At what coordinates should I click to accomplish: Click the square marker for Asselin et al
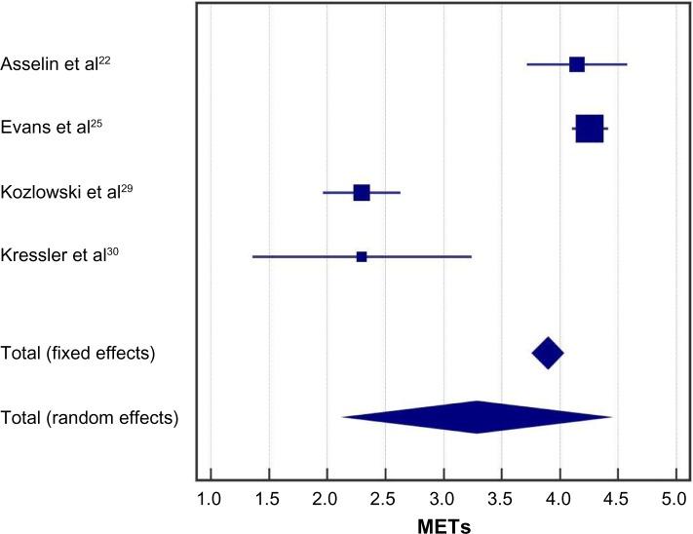tap(576, 64)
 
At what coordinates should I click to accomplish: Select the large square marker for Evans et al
tap(589, 129)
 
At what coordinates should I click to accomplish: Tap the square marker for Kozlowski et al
tap(362, 193)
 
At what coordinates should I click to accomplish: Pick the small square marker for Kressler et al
tap(362, 257)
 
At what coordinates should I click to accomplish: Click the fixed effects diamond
tap(548, 353)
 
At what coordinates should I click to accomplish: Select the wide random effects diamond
tap(477, 417)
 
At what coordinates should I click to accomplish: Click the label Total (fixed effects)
tap(79, 353)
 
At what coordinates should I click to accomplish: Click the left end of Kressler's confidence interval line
tap(252, 257)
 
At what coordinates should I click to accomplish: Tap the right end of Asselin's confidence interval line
tap(627, 64)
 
